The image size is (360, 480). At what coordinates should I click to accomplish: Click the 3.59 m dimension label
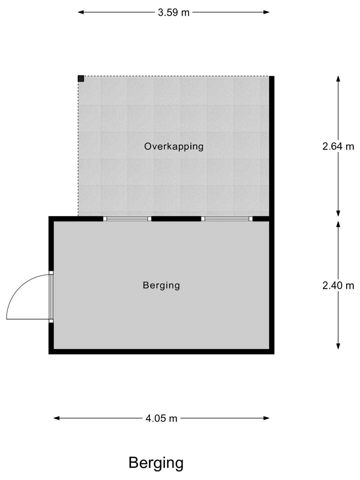click(x=174, y=13)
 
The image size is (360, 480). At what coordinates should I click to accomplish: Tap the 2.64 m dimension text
click(x=338, y=146)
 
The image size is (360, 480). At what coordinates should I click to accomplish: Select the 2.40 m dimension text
click(x=338, y=286)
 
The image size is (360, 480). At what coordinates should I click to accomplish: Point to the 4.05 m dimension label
click(x=161, y=419)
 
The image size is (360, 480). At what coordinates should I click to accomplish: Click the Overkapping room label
click(x=174, y=147)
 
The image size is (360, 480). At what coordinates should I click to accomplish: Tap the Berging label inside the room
click(x=161, y=286)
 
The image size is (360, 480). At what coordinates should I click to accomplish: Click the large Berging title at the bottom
click(x=156, y=463)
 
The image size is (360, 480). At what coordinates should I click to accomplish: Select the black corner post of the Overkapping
click(x=81, y=79)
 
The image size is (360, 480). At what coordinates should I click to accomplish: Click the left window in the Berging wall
click(x=127, y=219)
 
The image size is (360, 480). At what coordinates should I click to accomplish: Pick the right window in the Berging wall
click(x=227, y=219)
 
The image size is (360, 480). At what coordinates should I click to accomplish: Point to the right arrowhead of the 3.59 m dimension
click(x=266, y=12)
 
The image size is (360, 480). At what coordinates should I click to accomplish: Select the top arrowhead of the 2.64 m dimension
click(x=338, y=79)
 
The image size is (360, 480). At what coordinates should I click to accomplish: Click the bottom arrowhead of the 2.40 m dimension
click(x=338, y=346)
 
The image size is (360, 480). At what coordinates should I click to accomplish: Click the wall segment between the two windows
click(x=176, y=219)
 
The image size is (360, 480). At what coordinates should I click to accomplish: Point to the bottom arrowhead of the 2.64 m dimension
click(x=338, y=213)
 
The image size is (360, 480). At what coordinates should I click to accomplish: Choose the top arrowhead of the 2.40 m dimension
click(x=338, y=224)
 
